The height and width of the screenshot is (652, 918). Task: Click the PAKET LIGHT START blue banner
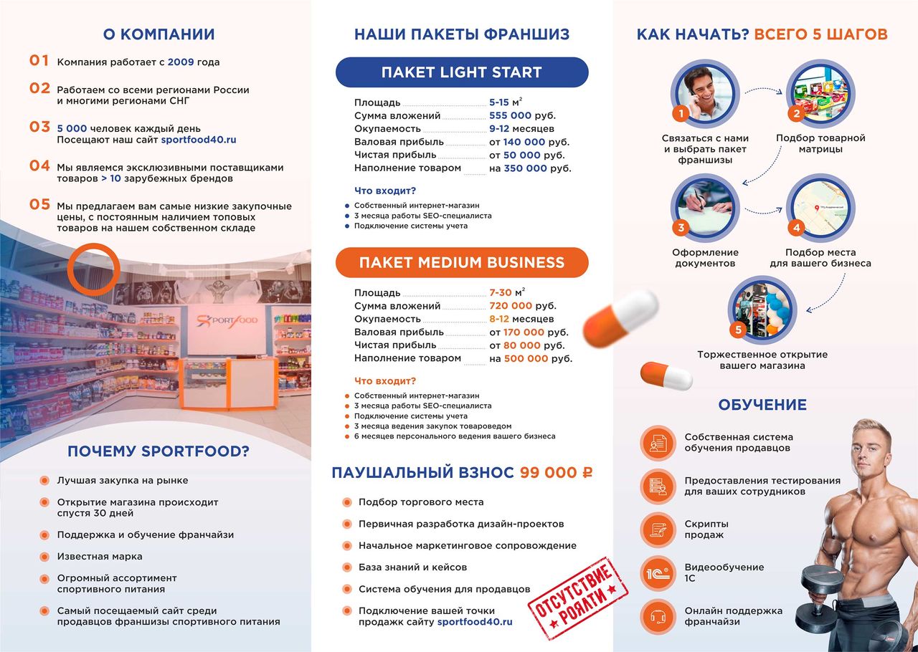[462, 72]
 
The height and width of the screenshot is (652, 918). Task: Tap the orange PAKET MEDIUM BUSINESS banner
[462, 262]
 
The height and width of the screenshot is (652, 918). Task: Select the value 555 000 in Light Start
[511, 115]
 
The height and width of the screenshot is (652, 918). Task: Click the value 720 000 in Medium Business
[511, 306]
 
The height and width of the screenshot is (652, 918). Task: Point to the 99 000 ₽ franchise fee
[557, 473]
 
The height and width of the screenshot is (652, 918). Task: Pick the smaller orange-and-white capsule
[666, 375]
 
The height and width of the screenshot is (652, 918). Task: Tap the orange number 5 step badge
[739, 330]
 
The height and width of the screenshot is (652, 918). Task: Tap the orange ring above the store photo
[93, 270]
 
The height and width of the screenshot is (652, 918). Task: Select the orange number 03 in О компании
[39, 128]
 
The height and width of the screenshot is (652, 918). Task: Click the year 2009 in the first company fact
[181, 62]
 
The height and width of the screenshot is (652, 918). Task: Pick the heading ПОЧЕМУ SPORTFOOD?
[158, 451]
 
